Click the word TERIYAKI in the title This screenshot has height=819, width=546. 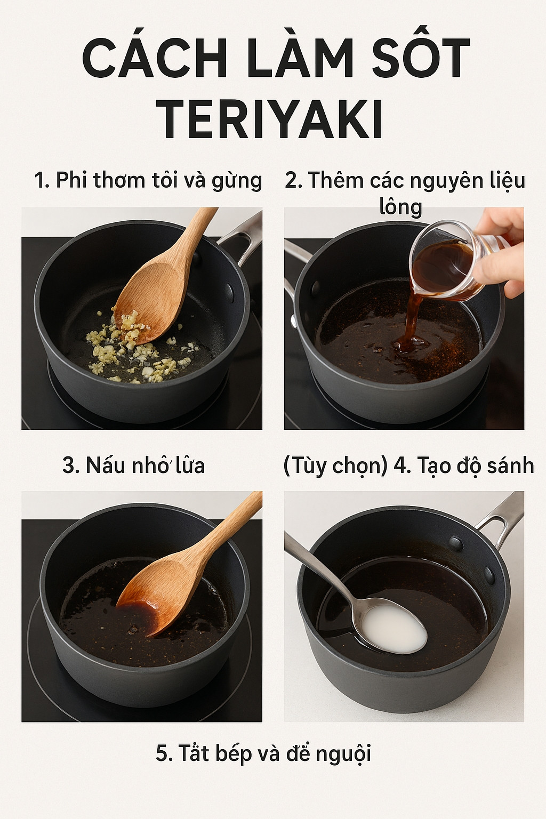[x=272, y=120]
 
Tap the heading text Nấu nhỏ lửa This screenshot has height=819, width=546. [x=133, y=465]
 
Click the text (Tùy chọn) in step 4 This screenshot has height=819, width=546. [x=335, y=466]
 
